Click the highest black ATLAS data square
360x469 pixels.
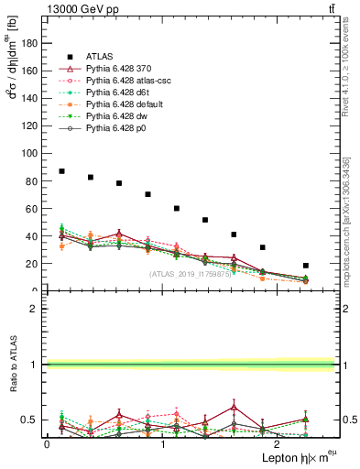(x=61, y=171)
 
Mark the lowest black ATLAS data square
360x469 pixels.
(x=306, y=266)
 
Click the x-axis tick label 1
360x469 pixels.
(x=162, y=444)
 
